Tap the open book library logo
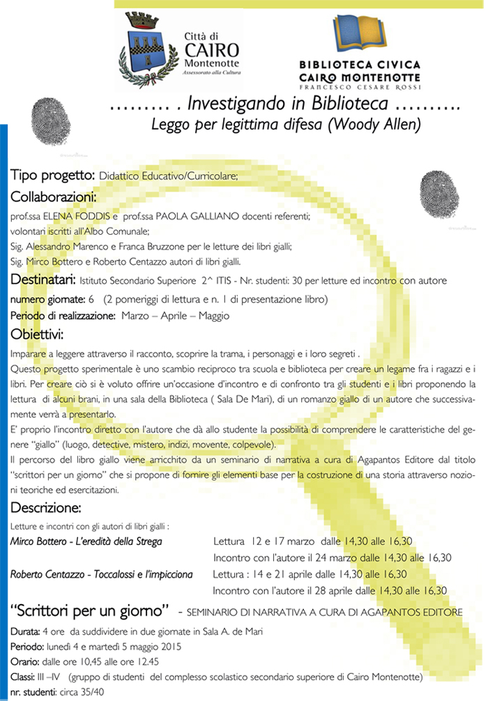click(358, 36)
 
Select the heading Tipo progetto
click(52, 174)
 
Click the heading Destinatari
click(43, 280)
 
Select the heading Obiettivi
click(38, 333)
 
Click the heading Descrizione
click(46, 504)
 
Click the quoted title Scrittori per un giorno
click(91, 611)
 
